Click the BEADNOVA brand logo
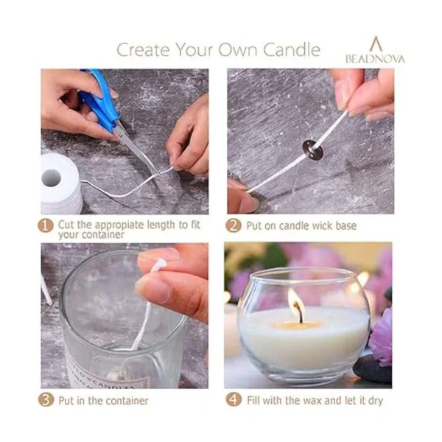(x=375, y=50)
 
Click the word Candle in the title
(x=292, y=49)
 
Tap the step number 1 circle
(x=46, y=226)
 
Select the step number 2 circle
(x=233, y=225)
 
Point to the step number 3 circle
(x=46, y=400)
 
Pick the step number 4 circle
(x=234, y=400)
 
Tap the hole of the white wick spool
(x=51, y=178)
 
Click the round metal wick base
(x=312, y=147)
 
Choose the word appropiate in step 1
(x=119, y=225)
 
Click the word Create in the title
(x=143, y=50)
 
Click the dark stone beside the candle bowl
(x=373, y=370)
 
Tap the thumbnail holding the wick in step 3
(x=154, y=290)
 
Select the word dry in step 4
(x=376, y=401)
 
